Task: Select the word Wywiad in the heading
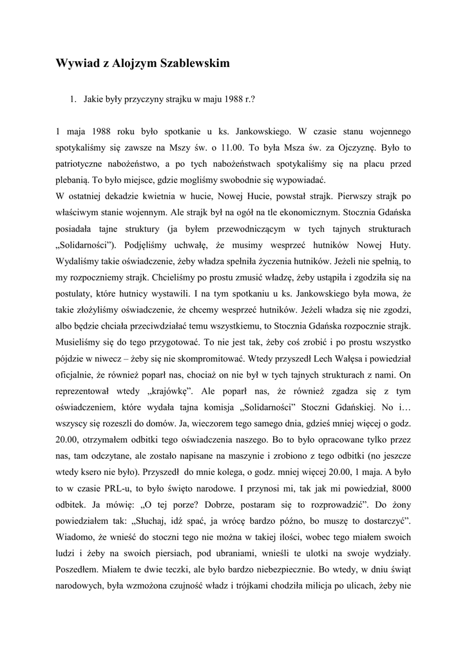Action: coord(77,64)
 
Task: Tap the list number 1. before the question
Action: coord(73,100)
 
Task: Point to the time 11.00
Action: coord(236,148)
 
